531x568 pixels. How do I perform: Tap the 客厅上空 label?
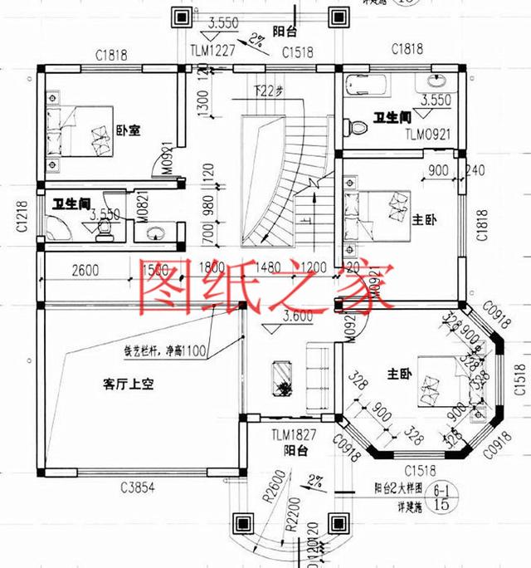(129, 384)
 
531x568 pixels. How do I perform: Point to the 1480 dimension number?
(268, 267)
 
